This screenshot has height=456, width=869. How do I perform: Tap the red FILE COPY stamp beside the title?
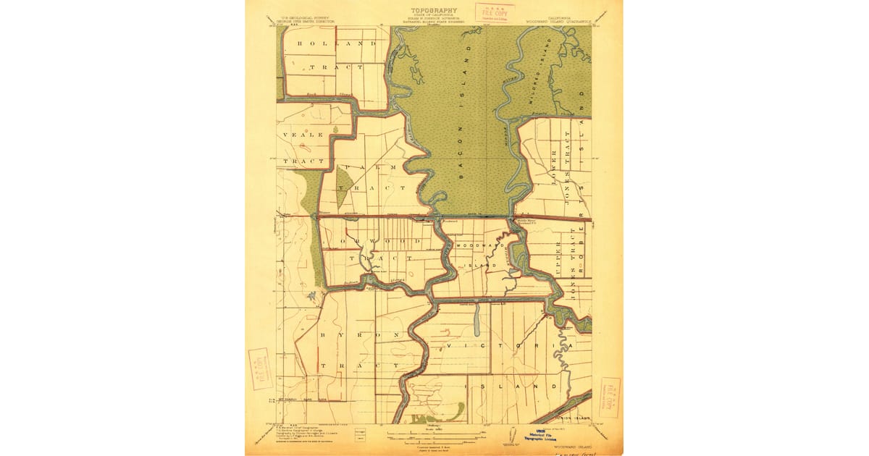point(495,12)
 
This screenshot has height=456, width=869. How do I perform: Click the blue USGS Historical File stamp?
point(534,437)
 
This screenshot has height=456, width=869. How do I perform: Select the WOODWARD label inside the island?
point(479,246)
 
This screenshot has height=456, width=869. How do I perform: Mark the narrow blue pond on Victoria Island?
point(476,321)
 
